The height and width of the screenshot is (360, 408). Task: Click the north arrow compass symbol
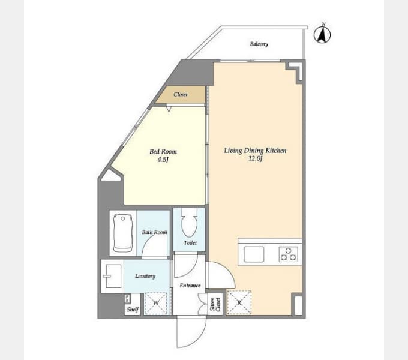[x=322, y=34]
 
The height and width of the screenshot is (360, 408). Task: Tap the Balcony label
[x=259, y=44]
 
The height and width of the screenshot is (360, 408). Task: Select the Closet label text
[x=181, y=94]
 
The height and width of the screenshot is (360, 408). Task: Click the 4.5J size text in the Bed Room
[x=163, y=160]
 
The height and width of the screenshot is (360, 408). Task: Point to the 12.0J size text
[x=255, y=158]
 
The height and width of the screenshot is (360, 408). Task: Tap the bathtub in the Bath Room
[x=123, y=233]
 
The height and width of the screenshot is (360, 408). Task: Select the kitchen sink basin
[x=254, y=254]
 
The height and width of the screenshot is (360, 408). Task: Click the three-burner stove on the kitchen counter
[x=289, y=254]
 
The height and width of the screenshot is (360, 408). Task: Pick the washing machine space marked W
[x=156, y=303]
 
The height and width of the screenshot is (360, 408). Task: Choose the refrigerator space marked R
[x=239, y=302]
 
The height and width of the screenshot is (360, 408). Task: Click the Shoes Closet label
[x=215, y=304]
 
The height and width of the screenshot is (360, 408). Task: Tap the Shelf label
[x=133, y=309]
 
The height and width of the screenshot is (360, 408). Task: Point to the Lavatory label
[x=145, y=276]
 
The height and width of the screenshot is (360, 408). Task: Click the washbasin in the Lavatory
[x=113, y=276]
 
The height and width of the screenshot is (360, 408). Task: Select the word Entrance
[x=190, y=286]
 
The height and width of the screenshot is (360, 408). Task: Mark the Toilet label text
[x=190, y=242]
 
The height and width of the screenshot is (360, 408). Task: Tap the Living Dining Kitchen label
[x=255, y=151]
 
